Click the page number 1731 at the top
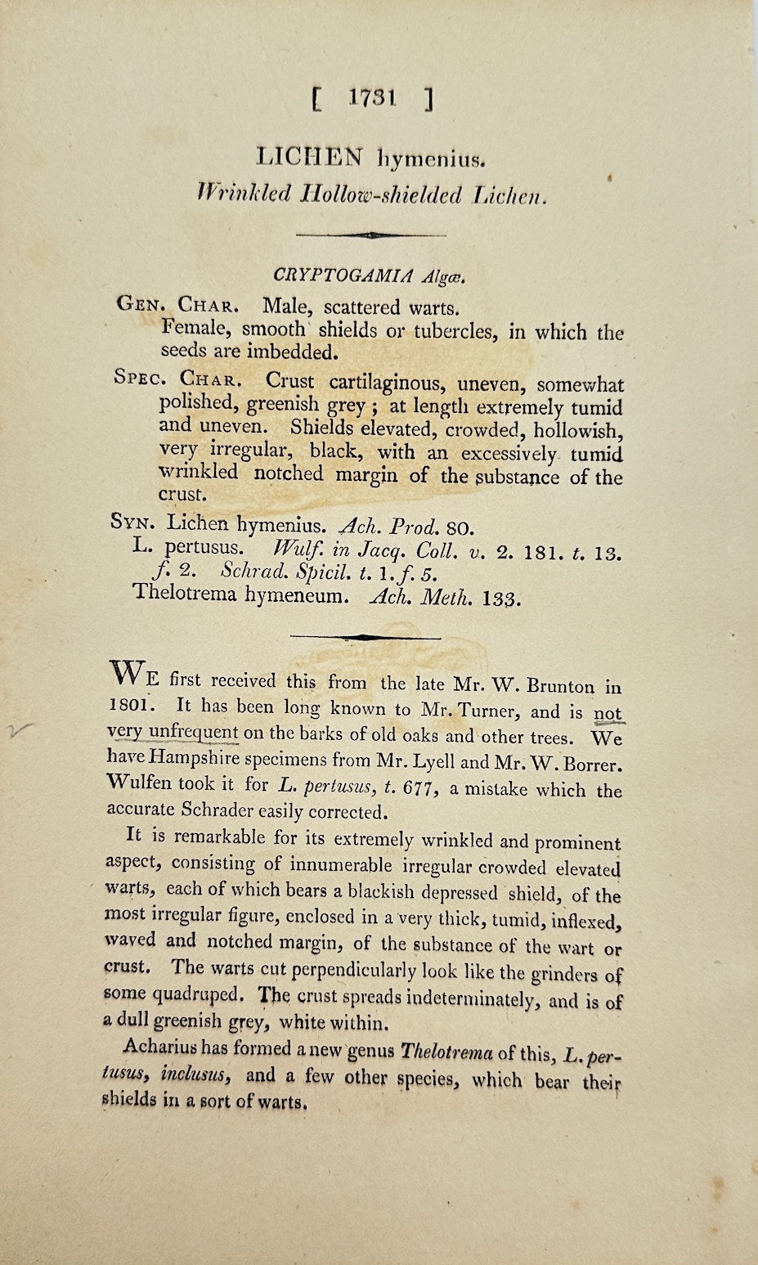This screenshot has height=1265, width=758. pyautogui.click(x=372, y=99)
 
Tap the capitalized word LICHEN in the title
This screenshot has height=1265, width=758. pyautogui.click(x=304, y=155)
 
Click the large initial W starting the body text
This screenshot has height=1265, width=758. pyautogui.click(x=128, y=676)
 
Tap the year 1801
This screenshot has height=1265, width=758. pyautogui.click(x=128, y=705)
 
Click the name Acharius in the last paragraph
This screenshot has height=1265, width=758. pyautogui.click(x=156, y=1049)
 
